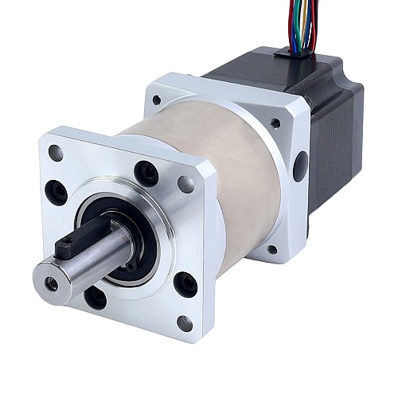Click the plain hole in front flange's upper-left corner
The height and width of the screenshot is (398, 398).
(x=55, y=152)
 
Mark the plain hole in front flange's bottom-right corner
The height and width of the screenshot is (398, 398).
(x=185, y=323)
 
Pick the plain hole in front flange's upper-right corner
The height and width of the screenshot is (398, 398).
(x=186, y=185)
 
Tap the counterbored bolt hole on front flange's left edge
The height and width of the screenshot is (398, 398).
(x=57, y=192)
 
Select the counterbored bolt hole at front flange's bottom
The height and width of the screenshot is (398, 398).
(x=95, y=297)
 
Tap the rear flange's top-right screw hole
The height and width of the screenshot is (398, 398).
(x=275, y=123)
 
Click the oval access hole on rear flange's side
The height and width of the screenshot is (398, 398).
(x=300, y=166)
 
